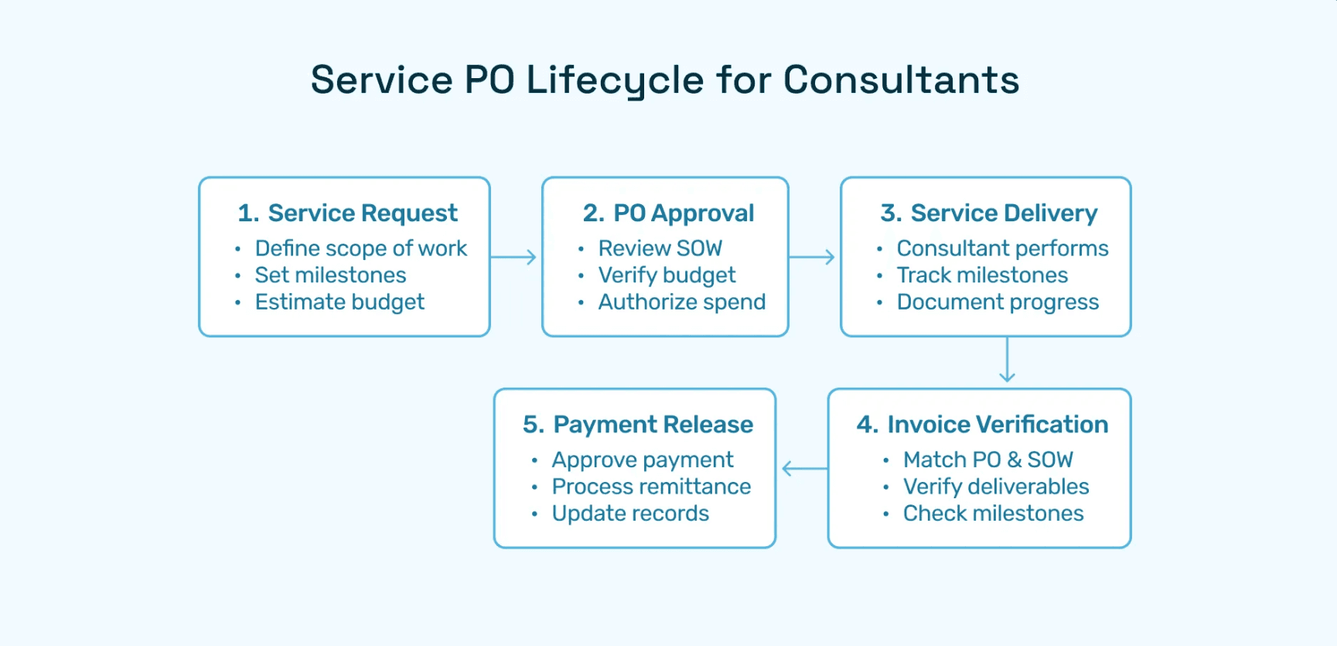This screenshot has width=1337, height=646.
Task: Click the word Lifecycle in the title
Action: pos(615,80)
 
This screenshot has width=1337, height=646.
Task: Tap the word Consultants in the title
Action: pos(901,80)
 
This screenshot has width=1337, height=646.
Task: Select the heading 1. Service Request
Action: pos(347,213)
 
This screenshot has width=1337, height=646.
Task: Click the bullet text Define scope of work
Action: pos(360,248)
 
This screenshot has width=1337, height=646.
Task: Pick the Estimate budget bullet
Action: pos(339,302)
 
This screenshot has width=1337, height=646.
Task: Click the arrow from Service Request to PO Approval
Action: pos(514,257)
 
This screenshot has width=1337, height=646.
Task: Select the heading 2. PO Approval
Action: pos(668,213)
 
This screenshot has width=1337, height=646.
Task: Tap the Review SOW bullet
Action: pos(660,248)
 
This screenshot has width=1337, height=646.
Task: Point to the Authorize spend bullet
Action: pos(681,302)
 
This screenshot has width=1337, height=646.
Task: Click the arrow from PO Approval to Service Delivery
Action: pos(813,257)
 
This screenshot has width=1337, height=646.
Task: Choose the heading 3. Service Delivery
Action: pos(988,213)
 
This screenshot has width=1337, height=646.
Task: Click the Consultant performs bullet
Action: pos(1002,248)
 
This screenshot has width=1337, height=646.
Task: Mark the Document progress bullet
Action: pos(998,302)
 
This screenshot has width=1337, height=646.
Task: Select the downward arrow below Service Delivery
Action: pos(1007,361)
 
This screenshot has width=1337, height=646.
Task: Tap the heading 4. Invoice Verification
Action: pos(982,424)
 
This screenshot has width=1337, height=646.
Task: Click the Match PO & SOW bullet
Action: pos(987,460)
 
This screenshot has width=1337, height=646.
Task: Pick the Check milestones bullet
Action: pos(993,513)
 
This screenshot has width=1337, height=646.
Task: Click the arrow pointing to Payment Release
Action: pos(804,468)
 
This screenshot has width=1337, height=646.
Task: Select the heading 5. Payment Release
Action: pos(637,424)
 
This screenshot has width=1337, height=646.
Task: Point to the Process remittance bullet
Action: pos(651,487)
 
